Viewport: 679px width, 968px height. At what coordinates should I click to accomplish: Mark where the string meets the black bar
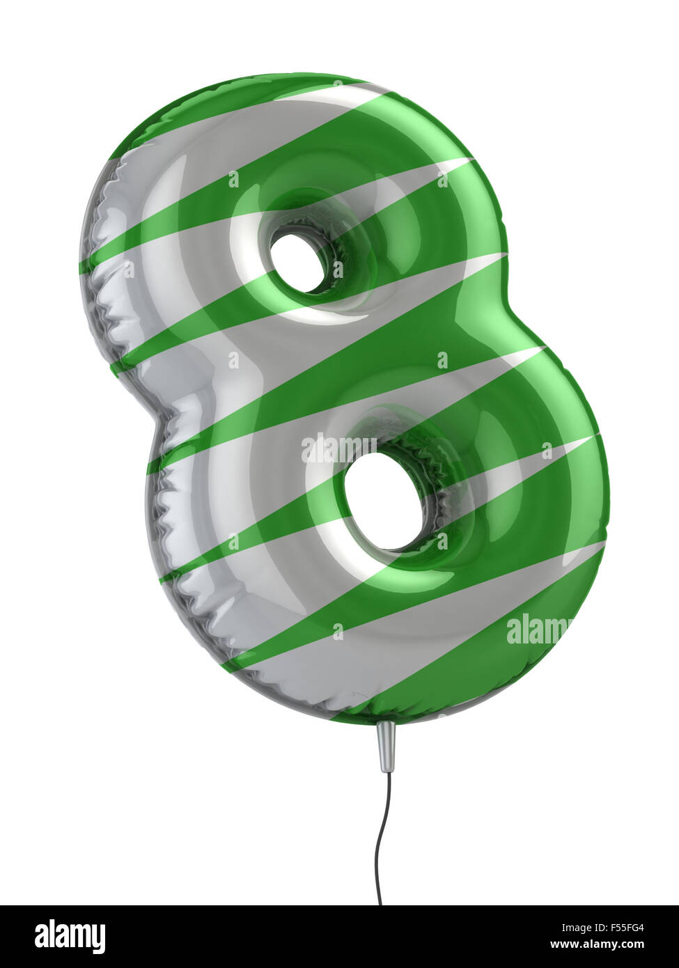click(x=380, y=905)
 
